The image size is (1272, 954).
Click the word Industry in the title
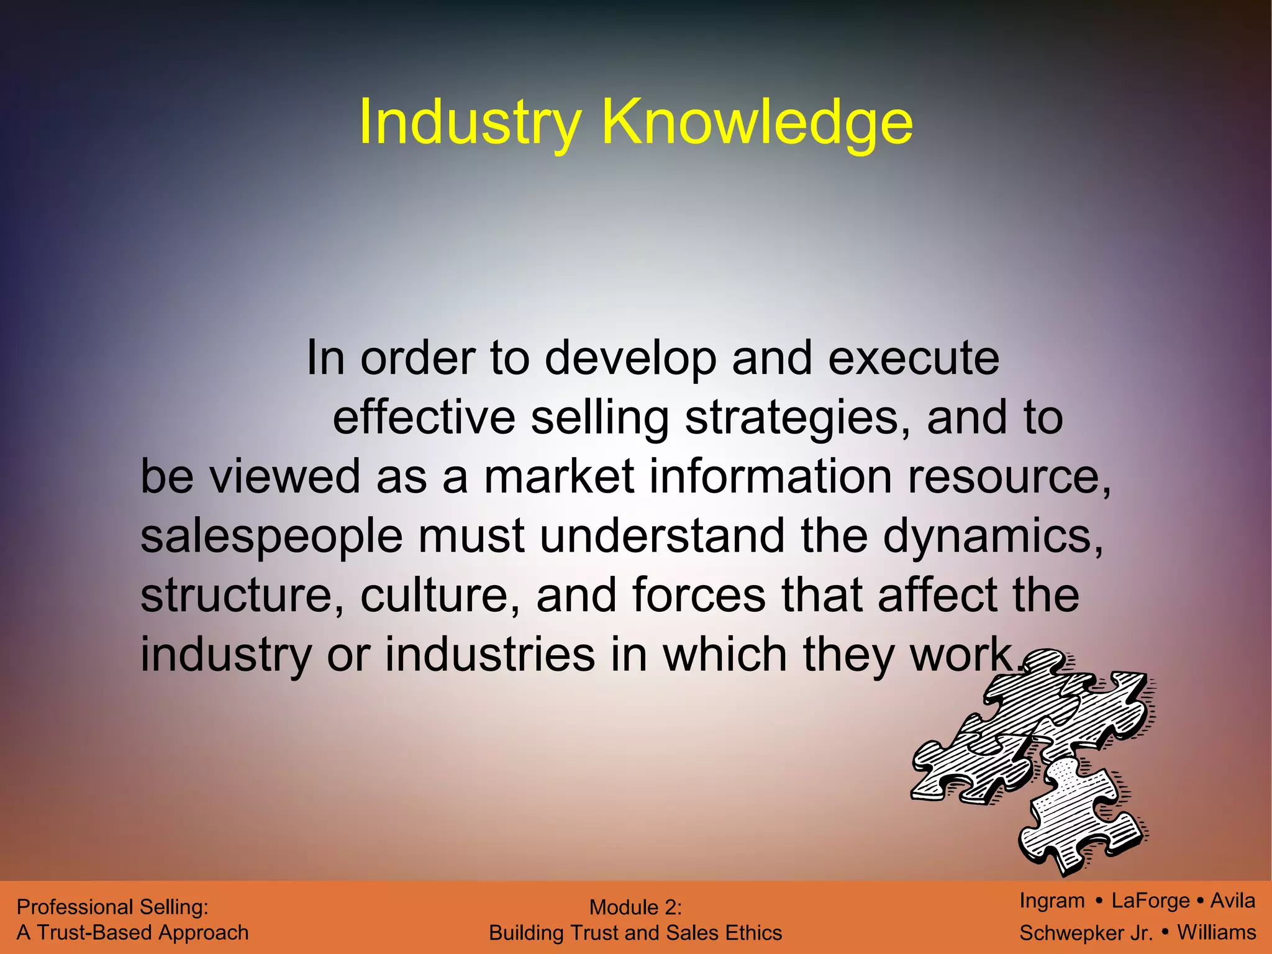pyautogui.click(x=470, y=122)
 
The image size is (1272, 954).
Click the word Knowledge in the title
pyautogui.click(x=757, y=122)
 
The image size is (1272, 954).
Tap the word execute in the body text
pyautogui.click(x=914, y=358)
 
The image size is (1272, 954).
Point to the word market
pyautogui.click(x=558, y=477)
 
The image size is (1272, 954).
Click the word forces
pyautogui.click(x=699, y=595)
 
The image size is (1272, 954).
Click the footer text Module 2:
pyautogui.click(x=635, y=907)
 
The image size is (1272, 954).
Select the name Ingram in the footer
pyautogui.click(x=1052, y=901)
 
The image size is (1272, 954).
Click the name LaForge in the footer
pyautogui.click(x=1150, y=901)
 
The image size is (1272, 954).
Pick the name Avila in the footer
pyautogui.click(x=1232, y=901)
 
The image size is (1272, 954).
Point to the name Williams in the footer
pyautogui.click(x=1217, y=932)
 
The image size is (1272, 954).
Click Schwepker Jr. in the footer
pyautogui.click(x=1086, y=933)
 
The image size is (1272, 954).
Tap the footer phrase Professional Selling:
pyautogui.click(x=112, y=907)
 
